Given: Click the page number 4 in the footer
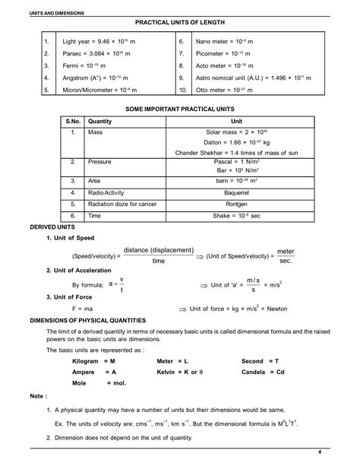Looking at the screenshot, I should pyautogui.click(x=342, y=453).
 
